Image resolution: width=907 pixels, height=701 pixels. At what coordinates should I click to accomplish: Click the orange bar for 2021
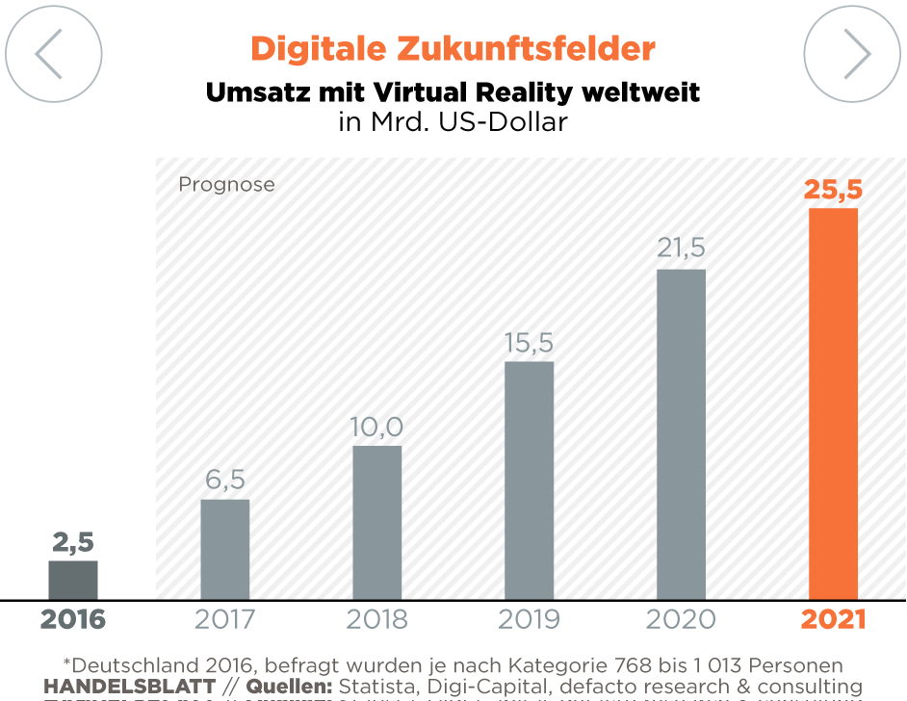coord(833,403)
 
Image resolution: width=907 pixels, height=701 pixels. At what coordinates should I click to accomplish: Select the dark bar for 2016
coord(73,580)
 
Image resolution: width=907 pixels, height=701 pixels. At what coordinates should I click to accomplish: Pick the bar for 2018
coord(376,522)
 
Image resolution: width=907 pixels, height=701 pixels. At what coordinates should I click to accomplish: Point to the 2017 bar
coord(225,549)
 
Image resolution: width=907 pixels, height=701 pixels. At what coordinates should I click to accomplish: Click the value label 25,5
coord(833,190)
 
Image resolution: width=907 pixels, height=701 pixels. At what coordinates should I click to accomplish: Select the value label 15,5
coord(529,343)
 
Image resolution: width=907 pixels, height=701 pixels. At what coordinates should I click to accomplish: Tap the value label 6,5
coord(225,480)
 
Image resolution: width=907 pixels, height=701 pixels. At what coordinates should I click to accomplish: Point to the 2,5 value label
coord(73,542)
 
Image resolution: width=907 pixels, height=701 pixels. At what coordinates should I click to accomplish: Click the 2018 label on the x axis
coord(376,619)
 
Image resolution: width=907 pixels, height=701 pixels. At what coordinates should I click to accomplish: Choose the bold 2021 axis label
coord(833,619)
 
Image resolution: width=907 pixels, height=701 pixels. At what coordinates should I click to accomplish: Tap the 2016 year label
coord(73,619)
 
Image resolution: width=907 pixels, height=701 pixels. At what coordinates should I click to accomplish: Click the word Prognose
coord(226,184)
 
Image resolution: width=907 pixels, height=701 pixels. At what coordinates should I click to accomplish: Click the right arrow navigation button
coord(852,54)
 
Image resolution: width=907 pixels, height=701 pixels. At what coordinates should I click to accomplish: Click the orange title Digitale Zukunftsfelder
coord(453,48)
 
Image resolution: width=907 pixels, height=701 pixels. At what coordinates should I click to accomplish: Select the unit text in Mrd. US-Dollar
coord(453,122)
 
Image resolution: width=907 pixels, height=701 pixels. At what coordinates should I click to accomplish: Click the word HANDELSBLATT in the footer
coord(130,686)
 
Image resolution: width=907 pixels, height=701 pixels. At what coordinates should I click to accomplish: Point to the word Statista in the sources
coord(376,686)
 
